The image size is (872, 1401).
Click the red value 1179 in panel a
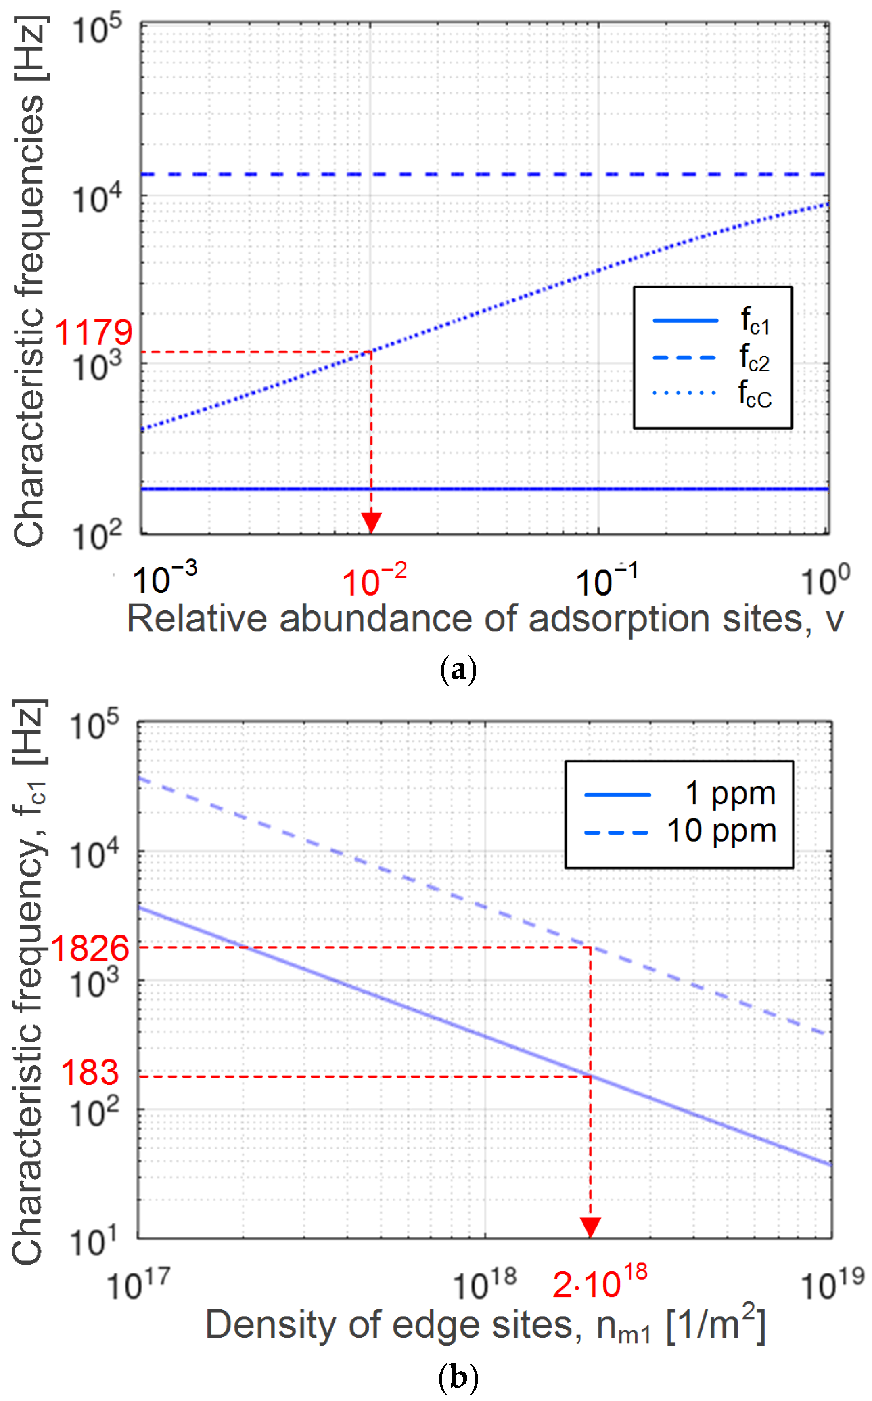pyautogui.click(x=94, y=333)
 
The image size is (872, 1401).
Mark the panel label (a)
pyautogui.click(x=458, y=671)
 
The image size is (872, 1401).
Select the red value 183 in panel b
pyautogui.click(x=90, y=1073)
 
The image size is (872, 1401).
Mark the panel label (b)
pyautogui.click(x=458, y=1378)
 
